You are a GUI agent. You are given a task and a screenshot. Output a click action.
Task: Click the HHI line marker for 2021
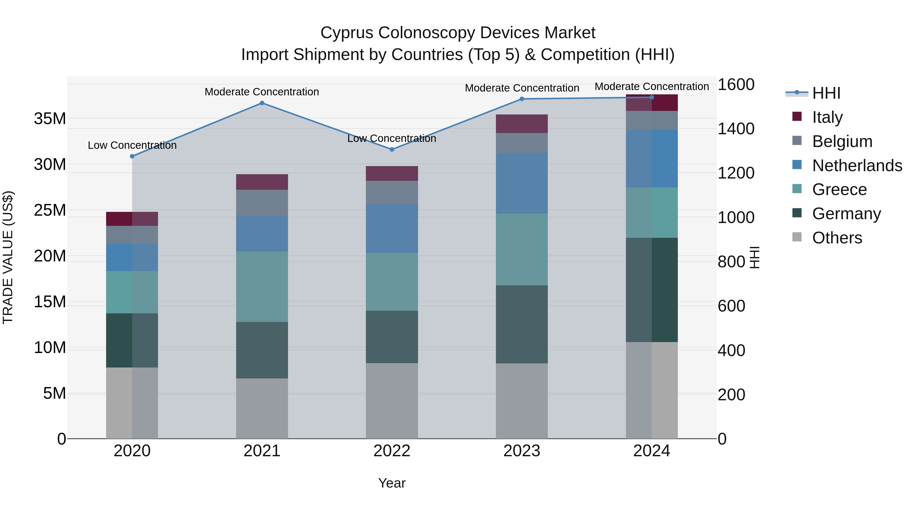(262, 103)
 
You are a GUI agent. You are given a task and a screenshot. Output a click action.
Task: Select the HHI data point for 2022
(392, 150)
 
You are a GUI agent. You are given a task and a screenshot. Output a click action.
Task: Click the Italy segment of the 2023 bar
(522, 124)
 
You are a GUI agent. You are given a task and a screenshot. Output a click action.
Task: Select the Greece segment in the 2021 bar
(262, 287)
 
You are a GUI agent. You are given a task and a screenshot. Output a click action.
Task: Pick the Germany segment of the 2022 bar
(392, 337)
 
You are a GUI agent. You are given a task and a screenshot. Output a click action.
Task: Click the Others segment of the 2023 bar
(522, 401)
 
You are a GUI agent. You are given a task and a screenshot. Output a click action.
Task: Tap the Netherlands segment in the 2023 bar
(522, 183)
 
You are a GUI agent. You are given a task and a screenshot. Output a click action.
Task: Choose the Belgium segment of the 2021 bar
(262, 203)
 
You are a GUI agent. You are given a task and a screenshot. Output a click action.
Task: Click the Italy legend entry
(827, 117)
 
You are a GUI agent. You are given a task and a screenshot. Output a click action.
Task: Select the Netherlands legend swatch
(797, 165)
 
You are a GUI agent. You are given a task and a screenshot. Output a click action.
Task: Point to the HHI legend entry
(826, 93)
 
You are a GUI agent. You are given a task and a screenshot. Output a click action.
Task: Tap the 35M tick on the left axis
(50, 119)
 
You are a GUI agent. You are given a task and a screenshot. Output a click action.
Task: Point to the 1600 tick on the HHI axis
(736, 85)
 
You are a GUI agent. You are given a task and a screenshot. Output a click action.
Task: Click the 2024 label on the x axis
(651, 451)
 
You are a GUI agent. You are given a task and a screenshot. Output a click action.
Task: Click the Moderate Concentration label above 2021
(262, 92)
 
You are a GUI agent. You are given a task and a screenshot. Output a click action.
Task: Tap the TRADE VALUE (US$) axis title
(8, 257)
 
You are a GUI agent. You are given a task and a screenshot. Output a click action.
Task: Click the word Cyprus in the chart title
(347, 33)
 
